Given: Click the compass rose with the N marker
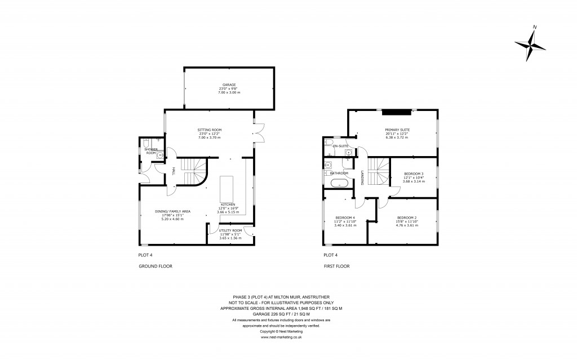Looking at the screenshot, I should [530, 45].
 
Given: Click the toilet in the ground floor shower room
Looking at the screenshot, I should [146, 142].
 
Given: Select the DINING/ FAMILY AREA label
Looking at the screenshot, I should [173, 211].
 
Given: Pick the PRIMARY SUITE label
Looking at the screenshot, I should [397, 129].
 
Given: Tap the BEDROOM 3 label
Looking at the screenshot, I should [414, 174].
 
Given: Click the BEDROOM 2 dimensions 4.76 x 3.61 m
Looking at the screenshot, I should [407, 225].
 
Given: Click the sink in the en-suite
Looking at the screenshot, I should [349, 152].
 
